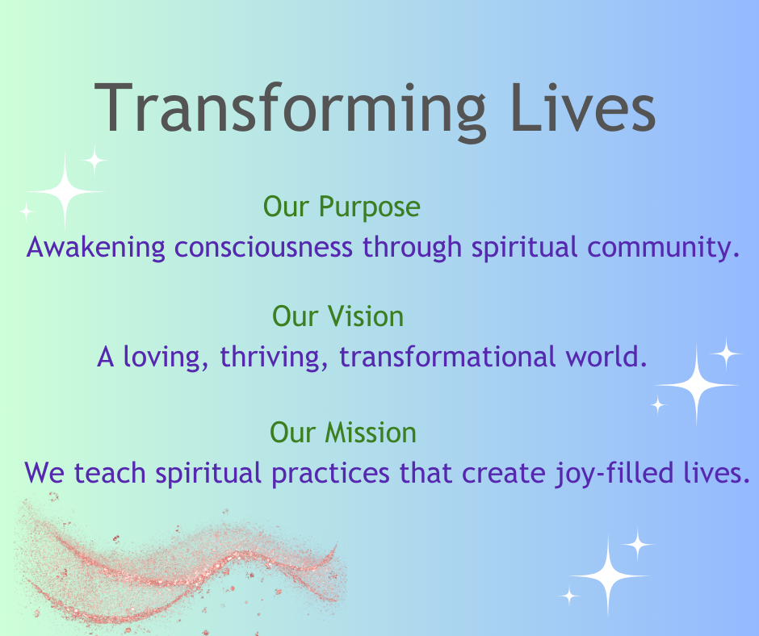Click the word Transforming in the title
[289, 109]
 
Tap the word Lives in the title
[583, 107]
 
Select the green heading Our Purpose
[342, 207]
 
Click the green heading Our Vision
[338, 316]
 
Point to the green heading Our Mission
[342, 433]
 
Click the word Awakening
[96, 248]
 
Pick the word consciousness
[263, 247]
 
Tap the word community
[664, 248]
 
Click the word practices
[330, 474]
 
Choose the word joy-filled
[614, 474]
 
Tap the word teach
[109, 472]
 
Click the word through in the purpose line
[413, 248]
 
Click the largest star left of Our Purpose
[65, 191]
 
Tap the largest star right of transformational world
[697, 385]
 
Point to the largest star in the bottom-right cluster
[609, 576]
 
